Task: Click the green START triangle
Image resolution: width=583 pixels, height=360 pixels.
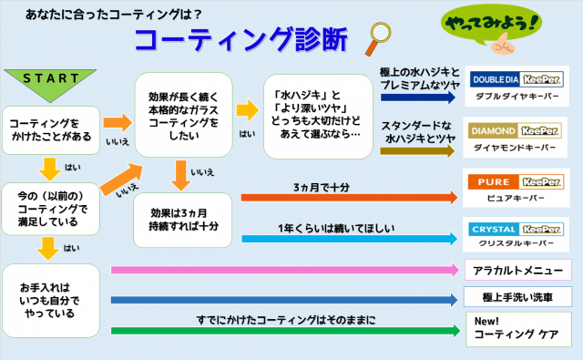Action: pyautogui.click(x=50, y=83)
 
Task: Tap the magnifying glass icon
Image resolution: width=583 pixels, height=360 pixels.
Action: pyautogui.click(x=379, y=38)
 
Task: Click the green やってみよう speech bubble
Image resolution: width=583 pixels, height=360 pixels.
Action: pyautogui.click(x=492, y=25)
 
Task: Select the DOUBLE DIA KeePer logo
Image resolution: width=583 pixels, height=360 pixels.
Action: pyautogui.click(x=517, y=79)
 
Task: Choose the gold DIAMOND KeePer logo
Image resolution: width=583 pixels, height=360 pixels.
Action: pyautogui.click(x=515, y=131)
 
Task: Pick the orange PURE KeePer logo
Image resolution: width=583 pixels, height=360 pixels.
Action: pyautogui.click(x=516, y=182)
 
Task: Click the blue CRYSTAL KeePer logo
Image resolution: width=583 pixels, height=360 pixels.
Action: pyautogui.click(x=516, y=229)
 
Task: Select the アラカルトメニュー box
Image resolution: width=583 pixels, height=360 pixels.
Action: pyautogui.click(x=518, y=270)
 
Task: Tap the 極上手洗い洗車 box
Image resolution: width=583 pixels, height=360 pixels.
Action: pyautogui.click(x=517, y=297)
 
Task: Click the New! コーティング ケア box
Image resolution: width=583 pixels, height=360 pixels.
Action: pyautogui.click(x=518, y=329)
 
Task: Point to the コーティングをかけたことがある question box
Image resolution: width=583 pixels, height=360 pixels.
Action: pyautogui.click(x=51, y=130)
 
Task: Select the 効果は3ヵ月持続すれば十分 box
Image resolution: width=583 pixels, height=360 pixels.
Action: pyautogui.click(x=182, y=220)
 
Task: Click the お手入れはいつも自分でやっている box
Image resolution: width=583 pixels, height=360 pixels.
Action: pyautogui.click(x=51, y=301)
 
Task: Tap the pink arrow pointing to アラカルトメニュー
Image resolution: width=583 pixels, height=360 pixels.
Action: pyautogui.click(x=285, y=270)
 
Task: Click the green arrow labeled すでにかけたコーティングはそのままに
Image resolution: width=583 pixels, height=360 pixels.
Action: pyautogui.click(x=285, y=331)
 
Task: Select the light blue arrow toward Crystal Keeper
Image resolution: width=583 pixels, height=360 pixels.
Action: pyautogui.click(x=350, y=239)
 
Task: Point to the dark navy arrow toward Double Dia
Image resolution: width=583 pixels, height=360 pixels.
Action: pyautogui.click(x=418, y=98)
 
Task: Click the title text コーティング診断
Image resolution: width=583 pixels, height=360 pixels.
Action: pyautogui.click(x=240, y=39)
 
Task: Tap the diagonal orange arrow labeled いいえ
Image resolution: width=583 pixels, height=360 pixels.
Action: pyautogui.click(x=121, y=179)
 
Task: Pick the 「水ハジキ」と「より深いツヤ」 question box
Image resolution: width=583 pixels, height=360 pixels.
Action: pyautogui.click(x=318, y=117)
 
